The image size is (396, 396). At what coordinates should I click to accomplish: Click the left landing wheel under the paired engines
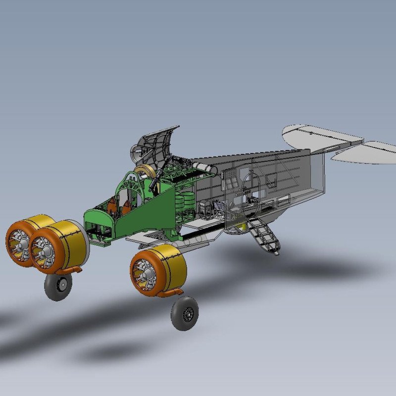point(58,286)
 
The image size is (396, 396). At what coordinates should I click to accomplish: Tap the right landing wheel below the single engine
point(185,313)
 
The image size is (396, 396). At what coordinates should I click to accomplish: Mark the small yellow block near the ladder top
point(242,226)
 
